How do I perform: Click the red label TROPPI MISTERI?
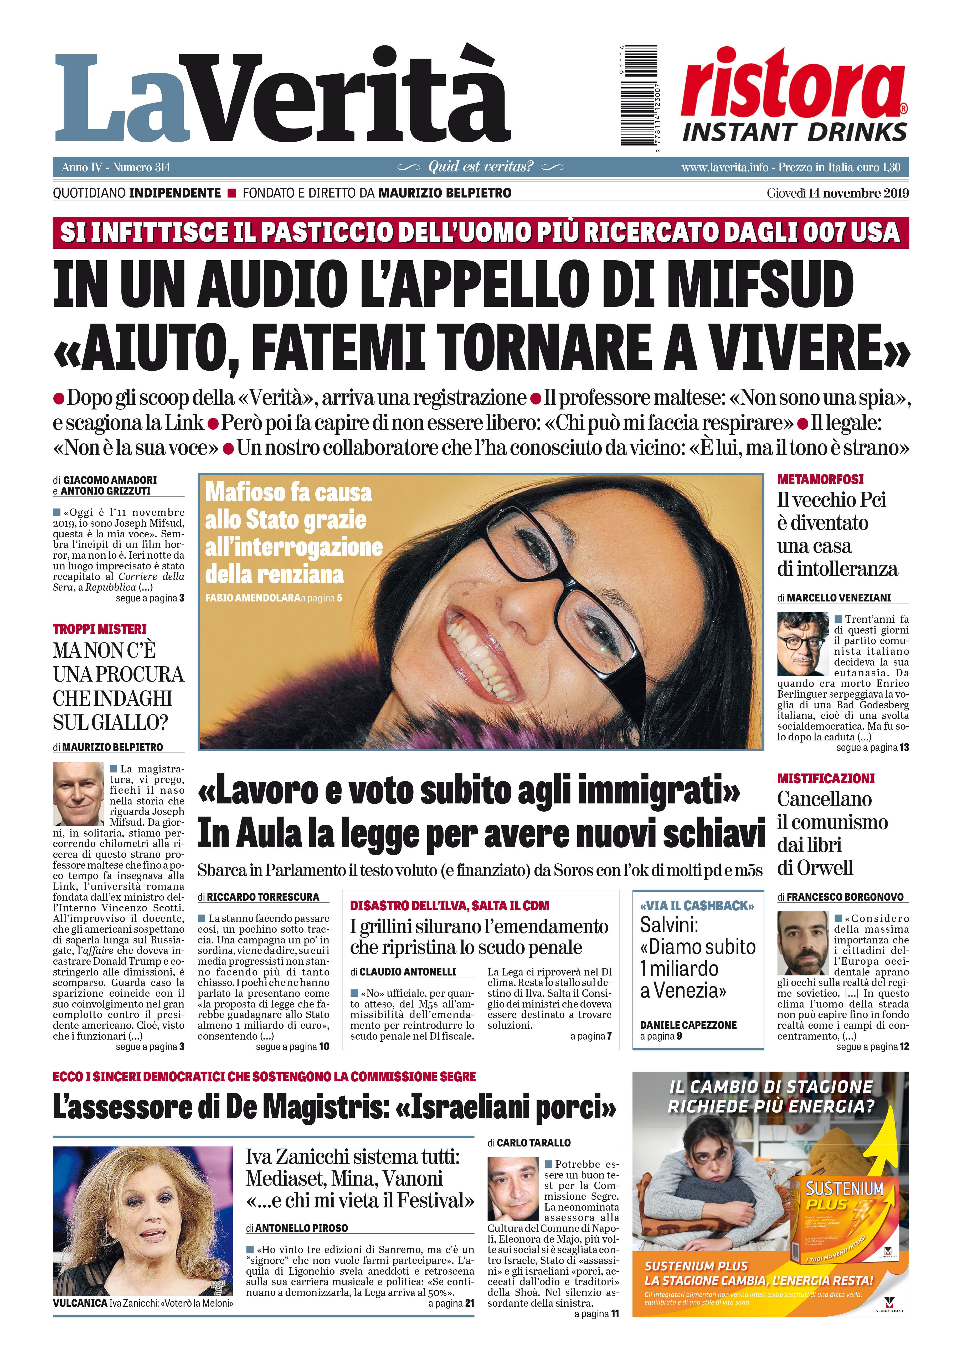click(99, 629)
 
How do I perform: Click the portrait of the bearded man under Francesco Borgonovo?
click(802, 943)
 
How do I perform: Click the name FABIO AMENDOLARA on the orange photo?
click(252, 598)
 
